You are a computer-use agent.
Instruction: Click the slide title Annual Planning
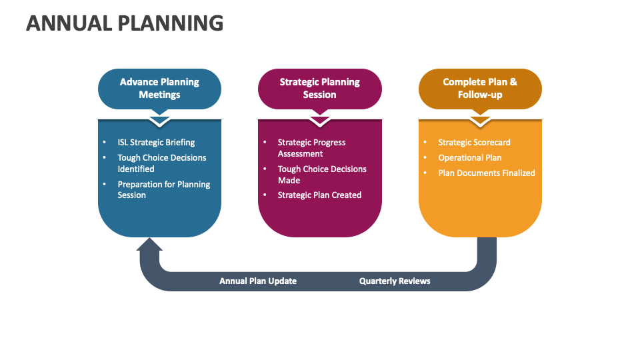point(125,23)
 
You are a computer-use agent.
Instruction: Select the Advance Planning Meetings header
point(159,88)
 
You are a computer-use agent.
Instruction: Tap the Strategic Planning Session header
point(319,88)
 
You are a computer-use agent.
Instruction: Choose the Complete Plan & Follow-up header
point(480,88)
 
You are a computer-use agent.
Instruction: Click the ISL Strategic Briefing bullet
point(156,142)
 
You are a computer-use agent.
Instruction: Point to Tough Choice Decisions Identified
point(161,163)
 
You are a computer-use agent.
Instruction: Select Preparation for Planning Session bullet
point(163,189)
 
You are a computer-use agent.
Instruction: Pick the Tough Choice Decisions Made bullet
point(321,175)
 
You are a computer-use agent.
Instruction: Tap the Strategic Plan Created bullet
point(319,195)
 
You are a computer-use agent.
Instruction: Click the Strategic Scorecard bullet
point(474,142)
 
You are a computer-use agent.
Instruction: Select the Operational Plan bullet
point(469,157)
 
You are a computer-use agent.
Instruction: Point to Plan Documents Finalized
point(486,173)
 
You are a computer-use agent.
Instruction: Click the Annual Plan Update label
point(258,281)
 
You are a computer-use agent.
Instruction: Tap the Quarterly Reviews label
point(395,281)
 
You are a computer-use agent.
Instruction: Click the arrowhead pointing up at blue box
point(149,245)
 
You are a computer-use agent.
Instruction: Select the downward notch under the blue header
point(159,121)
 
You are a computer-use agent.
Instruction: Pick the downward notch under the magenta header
point(319,121)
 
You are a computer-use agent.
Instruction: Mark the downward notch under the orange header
point(480,121)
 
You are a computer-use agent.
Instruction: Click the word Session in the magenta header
point(319,95)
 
